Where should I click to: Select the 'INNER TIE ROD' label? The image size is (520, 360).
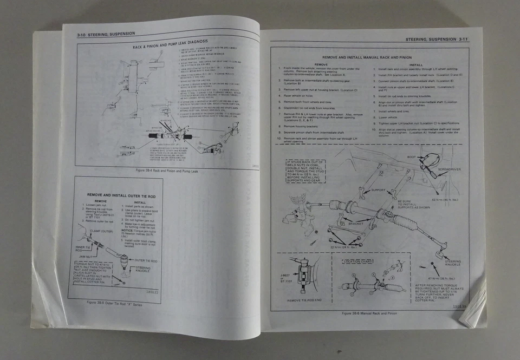[x=81, y=250]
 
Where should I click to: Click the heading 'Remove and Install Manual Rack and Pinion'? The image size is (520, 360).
[x=367, y=56]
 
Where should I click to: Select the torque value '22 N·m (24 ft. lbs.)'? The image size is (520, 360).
[x=346, y=247]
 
